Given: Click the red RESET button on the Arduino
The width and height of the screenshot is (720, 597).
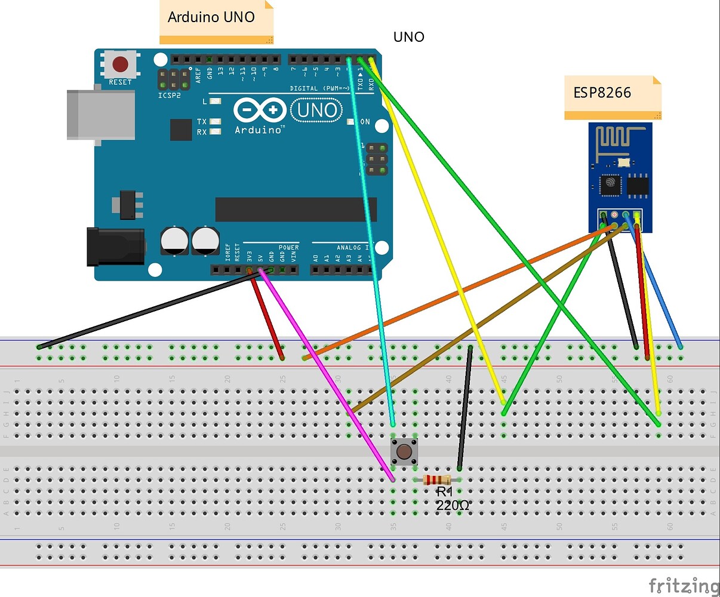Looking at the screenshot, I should tap(121, 64).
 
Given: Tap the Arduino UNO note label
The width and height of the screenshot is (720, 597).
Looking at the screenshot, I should tap(211, 17).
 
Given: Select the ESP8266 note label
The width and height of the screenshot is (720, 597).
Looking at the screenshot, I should tap(603, 93).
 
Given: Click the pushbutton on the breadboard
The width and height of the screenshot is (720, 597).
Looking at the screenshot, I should tap(404, 452).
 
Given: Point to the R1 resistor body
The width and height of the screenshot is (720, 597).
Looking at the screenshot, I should tap(436, 479).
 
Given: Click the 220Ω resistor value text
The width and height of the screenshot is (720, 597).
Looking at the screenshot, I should tap(452, 506).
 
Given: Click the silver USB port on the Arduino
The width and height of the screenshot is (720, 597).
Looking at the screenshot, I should tap(100, 115).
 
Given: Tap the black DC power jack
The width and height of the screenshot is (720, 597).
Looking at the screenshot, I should tap(116, 247).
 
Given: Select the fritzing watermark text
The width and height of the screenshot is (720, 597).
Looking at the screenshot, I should tap(684, 586).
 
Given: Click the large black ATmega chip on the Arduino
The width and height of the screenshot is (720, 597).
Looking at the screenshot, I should tap(296, 210).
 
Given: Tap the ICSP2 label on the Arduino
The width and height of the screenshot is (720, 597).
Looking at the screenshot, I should tap(170, 96).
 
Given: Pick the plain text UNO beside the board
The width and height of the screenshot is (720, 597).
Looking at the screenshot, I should tap(409, 37).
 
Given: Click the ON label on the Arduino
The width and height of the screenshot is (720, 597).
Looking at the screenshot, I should tap(365, 122).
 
